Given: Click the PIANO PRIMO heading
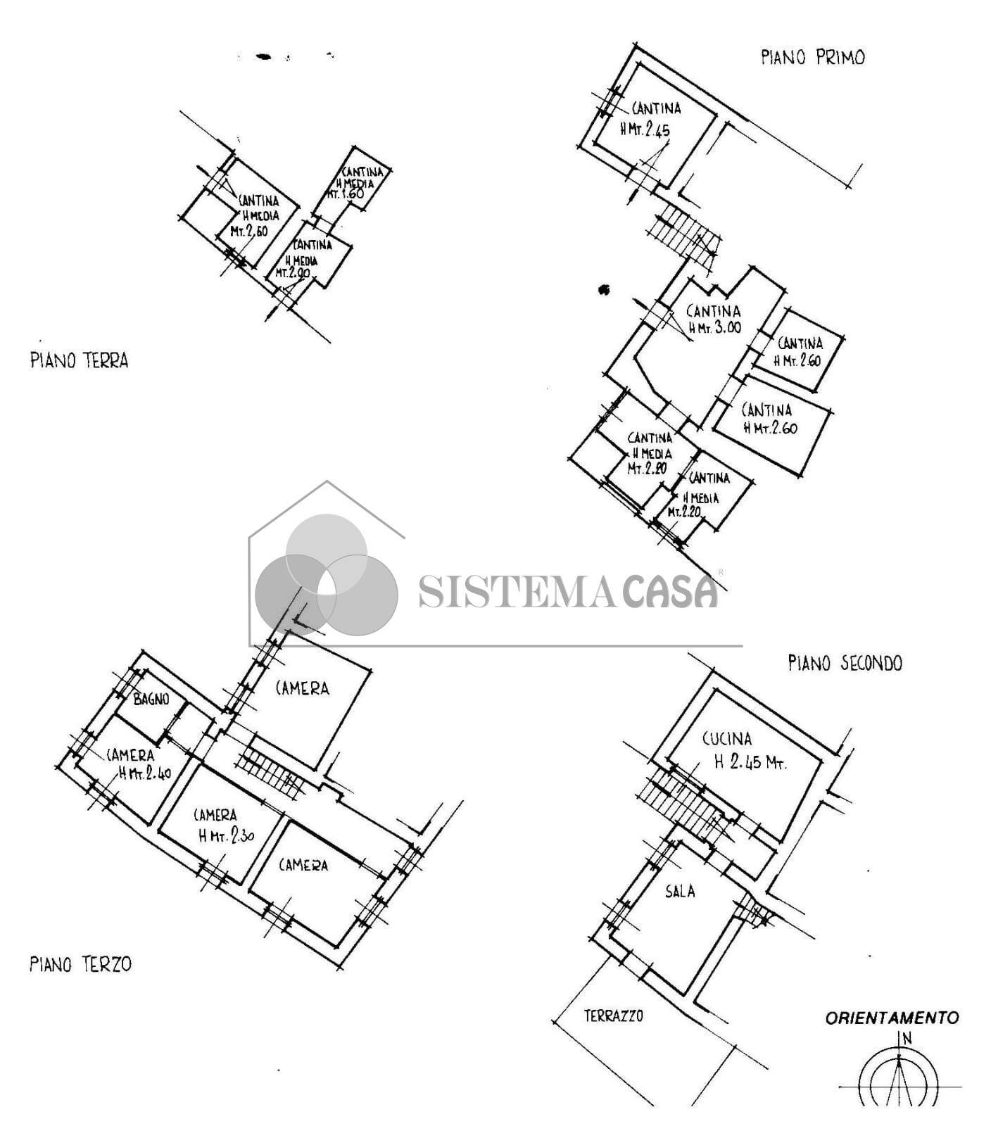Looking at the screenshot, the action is (812, 58).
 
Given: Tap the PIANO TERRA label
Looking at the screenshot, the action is (79, 361).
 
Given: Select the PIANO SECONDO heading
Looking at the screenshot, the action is (844, 663).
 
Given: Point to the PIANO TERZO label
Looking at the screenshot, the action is (80, 964).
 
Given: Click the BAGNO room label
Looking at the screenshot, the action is (151, 699).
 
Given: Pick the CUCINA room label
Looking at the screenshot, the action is (727, 739).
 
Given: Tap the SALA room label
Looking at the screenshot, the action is (680, 892).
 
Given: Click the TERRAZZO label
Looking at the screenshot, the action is (613, 1016).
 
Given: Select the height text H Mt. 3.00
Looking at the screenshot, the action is (714, 328).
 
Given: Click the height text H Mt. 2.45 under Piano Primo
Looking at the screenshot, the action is (645, 130).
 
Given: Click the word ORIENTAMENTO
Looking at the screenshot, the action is (891, 1018).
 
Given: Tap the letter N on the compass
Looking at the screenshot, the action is (907, 1037).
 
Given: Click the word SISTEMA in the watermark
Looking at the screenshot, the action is (516, 592).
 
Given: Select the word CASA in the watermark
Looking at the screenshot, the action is (669, 592).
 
